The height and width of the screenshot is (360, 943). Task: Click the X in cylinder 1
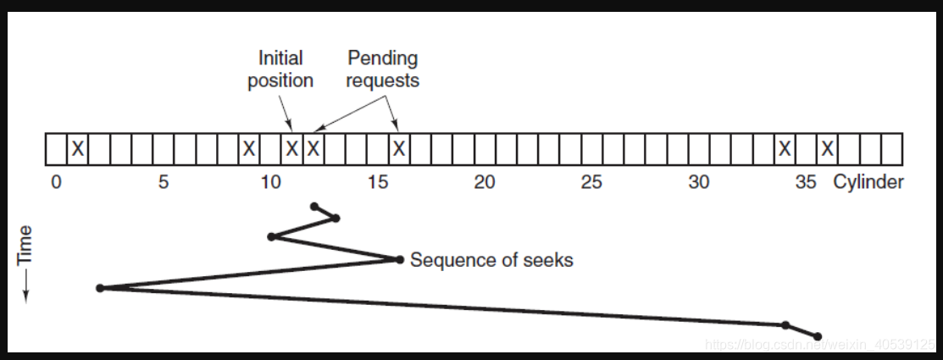77,150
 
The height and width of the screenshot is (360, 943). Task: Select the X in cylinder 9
249,150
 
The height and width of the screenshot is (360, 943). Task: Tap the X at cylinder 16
399,150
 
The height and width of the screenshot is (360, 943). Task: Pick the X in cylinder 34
785,150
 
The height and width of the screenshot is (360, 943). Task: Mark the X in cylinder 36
828,150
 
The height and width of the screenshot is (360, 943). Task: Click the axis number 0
56,182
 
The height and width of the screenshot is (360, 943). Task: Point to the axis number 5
164,182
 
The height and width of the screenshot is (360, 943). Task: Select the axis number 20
485,182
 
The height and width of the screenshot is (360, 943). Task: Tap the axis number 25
591,182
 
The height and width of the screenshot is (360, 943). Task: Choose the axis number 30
699,182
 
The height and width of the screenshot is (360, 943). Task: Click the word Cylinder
868,182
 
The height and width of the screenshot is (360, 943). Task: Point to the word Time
25,245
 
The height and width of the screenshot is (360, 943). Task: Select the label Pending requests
383,69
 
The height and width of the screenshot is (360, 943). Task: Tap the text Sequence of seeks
491,260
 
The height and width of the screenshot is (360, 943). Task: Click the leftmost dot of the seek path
100,288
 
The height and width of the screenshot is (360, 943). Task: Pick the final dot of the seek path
818,336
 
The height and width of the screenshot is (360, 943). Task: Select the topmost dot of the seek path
314,206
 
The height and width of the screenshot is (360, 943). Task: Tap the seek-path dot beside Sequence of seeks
398,259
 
